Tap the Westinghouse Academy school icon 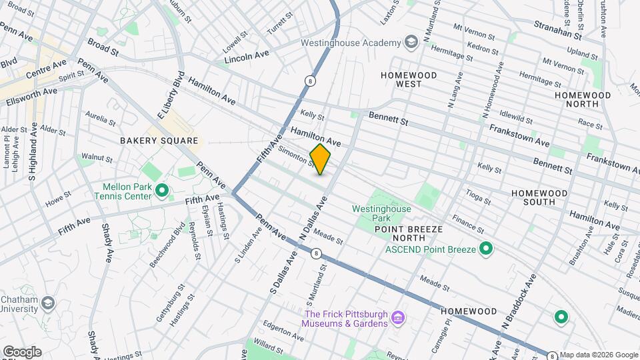(x=411, y=43)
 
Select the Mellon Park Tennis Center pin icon (x=161, y=192)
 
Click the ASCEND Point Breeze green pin (x=487, y=249)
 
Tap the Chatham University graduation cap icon (x=47, y=304)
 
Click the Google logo (x=22, y=352)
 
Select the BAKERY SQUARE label (x=159, y=141)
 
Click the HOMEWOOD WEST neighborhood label (x=409, y=80)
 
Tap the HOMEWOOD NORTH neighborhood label (x=583, y=100)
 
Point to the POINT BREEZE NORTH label (x=409, y=233)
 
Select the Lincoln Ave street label (x=246, y=59)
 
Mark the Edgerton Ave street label (x=283, y=331)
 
